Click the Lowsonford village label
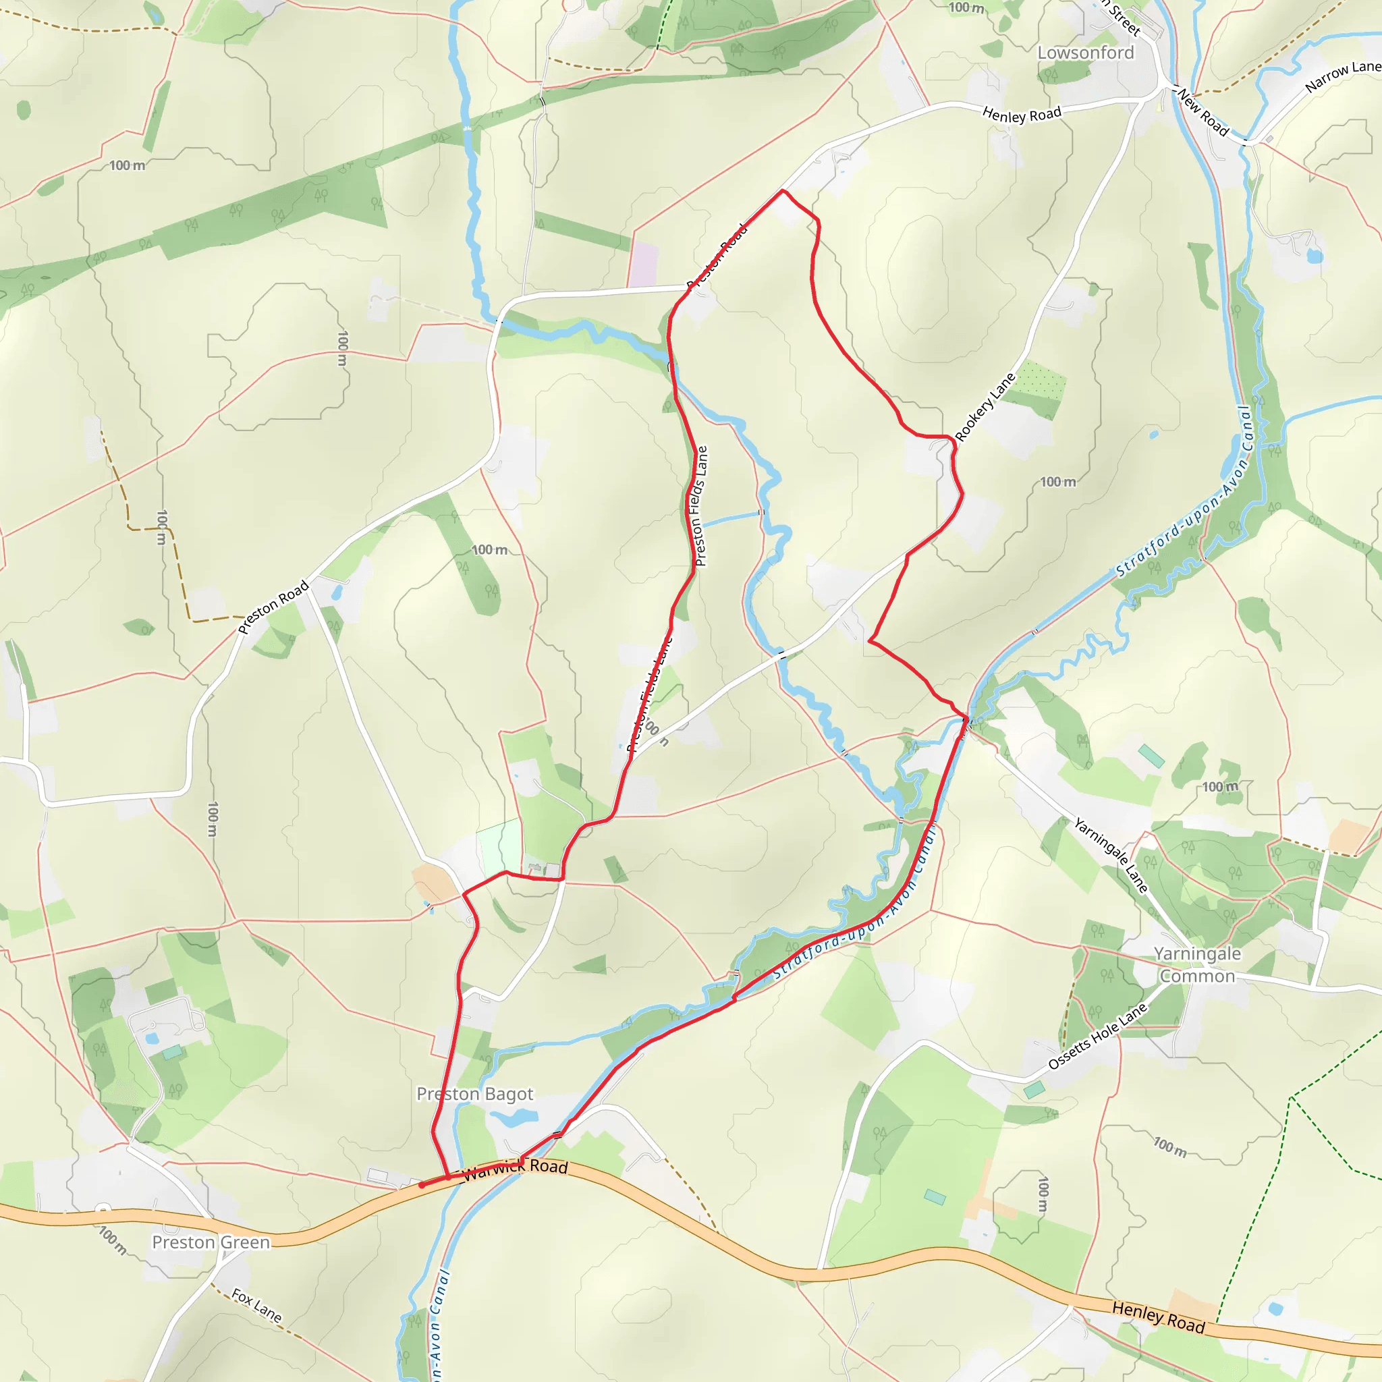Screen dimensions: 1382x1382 (1085, 53)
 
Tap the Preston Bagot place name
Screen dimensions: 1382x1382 (474, 1094)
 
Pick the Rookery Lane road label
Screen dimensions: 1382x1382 (985, 407)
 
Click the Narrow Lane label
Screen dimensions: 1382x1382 (1342, 76)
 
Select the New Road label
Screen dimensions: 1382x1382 (1203, 113)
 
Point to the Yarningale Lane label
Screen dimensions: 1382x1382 (1110, 856)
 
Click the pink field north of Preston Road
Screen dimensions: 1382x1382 (643, 265)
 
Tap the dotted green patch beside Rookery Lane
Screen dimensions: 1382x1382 (1040, 379)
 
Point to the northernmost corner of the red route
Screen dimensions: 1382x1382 (783, 191)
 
